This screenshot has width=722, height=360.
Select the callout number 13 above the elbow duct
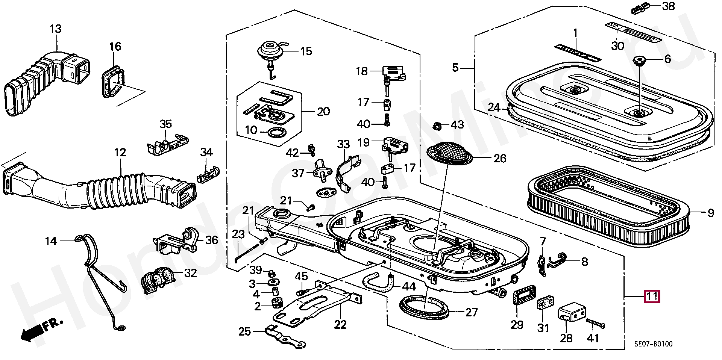pyautogui.click(x=55, y=29)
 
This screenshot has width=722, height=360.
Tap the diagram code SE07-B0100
pyautogui.click(x=653, y=344)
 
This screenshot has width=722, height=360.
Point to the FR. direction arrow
pyautogui.click(x=41, y=330)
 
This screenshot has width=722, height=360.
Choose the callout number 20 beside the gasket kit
pyautogui.click(x=323, y=112)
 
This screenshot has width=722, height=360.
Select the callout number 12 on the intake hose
pyautogui.click(x=120, y=153)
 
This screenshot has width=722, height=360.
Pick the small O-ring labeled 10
pyautogui.click(x=276, y=132)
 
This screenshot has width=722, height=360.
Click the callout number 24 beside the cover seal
pyautogui.click(x=494, y=108)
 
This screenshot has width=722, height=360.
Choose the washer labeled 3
pyautogui.click(x=271, y=282)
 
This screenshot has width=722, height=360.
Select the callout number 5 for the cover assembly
pyautogui.click(x=455, y=68)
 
